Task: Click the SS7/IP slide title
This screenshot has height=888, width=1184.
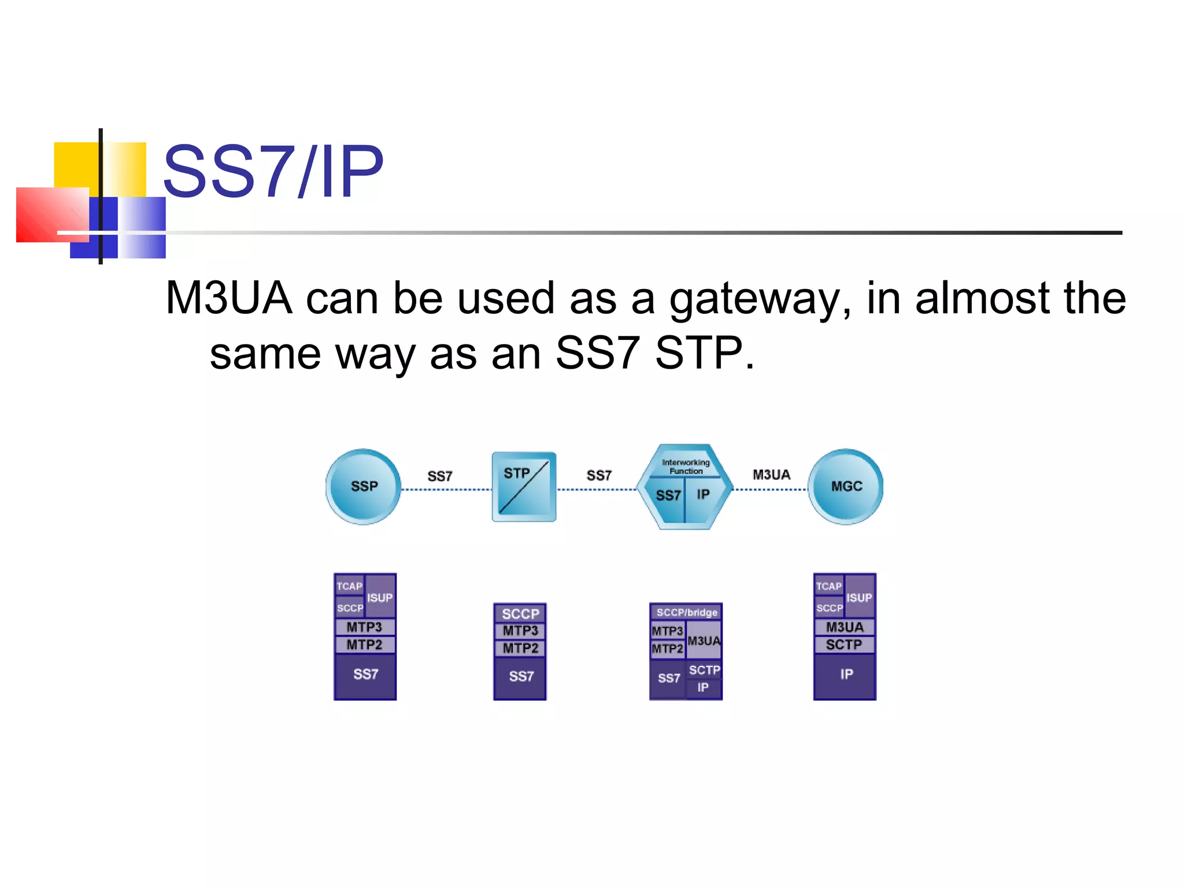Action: (273, 172)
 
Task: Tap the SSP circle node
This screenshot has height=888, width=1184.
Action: (364, 487)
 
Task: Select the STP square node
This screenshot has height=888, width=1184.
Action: (524, 487)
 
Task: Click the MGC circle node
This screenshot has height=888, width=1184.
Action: (845, 487)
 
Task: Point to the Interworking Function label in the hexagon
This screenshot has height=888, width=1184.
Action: (686, 467)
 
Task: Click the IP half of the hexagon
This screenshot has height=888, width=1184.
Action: (704, 495)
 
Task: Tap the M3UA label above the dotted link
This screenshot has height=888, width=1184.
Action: (771, 475)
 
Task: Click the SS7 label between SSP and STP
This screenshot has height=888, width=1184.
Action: (439, 476)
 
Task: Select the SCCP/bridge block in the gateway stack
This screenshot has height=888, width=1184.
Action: (686, 612)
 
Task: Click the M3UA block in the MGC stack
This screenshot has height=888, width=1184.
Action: (845, 627)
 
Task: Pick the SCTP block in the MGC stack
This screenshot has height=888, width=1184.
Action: (844, 645)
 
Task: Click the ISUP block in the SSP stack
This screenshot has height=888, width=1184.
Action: (380, 597)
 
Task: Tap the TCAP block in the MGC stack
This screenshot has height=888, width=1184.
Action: (828, 586)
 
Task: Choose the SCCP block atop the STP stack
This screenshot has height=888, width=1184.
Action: (520, 613)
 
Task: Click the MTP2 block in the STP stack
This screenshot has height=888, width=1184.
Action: (520, 648)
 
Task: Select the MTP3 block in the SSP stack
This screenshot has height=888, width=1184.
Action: (364, 627)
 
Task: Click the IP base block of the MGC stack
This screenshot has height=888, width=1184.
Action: (846, 675)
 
